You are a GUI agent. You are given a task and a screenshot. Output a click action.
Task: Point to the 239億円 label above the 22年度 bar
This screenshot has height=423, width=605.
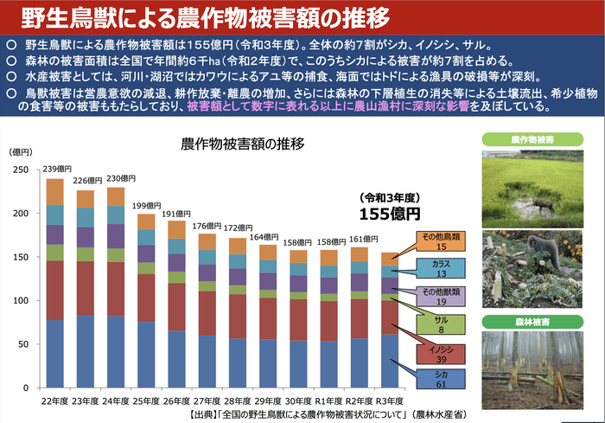point(57,169)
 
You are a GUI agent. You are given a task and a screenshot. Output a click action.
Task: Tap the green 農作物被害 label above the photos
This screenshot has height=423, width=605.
point(533,138)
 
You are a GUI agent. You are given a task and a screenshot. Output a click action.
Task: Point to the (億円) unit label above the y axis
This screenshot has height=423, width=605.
point(21,152)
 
